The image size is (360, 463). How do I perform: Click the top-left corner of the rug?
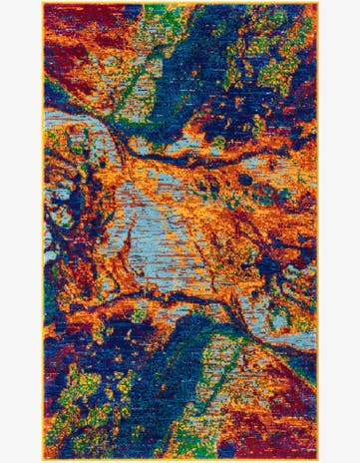click(43, 3)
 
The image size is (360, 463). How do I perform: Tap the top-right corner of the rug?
click(318, 3)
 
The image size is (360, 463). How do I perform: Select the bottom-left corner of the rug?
click(43, 460)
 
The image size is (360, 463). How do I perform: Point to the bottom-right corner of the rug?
click(318, 460)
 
